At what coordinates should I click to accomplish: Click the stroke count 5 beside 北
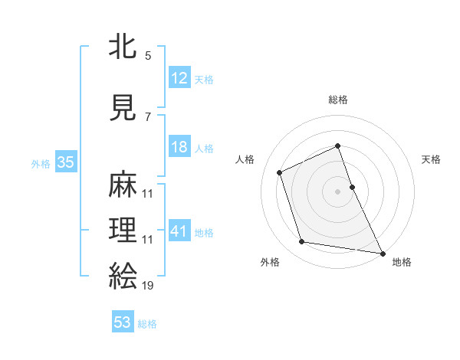coord(148,56)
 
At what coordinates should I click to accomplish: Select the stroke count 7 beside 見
coord(148,117)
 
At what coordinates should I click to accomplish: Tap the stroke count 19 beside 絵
coord(148,285)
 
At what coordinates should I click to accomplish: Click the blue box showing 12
coord(179,78)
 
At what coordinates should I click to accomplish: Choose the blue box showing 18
coord(179,148)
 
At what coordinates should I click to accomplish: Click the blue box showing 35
coord(65,162)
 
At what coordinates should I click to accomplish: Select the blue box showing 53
coord(123,322)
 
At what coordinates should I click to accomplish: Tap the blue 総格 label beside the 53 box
coord(147,324)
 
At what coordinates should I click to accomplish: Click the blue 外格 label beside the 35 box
coord(41,163)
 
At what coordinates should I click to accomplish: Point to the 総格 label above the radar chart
coord(337,100)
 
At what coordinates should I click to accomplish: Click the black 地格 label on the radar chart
coord(402,262)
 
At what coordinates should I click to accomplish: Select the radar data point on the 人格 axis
coord(280,172)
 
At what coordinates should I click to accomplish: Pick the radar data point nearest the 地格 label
coord(382,252)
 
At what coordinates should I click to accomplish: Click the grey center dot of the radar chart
coord(337,191)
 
